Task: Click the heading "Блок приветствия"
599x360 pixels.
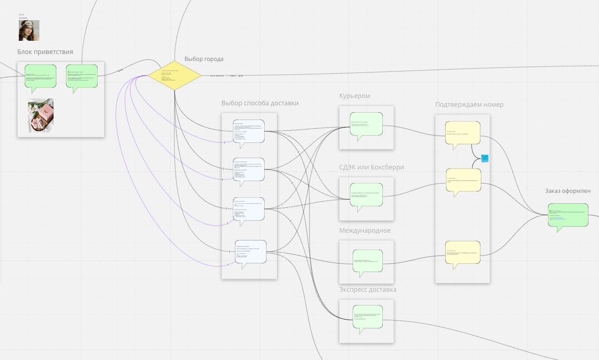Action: click(45, 52)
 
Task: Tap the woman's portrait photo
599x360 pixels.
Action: click(29, 31)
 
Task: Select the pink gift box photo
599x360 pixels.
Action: click(41, 115)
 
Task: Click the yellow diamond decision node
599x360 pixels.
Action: click(174, 75)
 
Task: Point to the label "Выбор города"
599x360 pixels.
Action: click(204, 59)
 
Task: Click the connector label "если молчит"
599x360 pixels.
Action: click(217, 75)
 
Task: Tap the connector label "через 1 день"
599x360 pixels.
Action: click(237, 75)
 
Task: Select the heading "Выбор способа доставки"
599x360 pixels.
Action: click(260, 103)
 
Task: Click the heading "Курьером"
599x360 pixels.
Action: click(354, 96)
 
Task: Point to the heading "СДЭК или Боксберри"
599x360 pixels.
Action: click(371, 167)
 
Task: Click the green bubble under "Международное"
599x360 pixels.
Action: click(367, 261)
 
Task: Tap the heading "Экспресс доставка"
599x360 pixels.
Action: click(368, 289)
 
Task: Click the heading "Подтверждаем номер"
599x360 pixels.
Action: click(469, 104)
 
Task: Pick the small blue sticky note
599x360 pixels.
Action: click(485, 158)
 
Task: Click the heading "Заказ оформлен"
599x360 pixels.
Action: click(567, 191)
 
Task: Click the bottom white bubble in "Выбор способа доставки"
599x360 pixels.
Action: click(250, 251)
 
